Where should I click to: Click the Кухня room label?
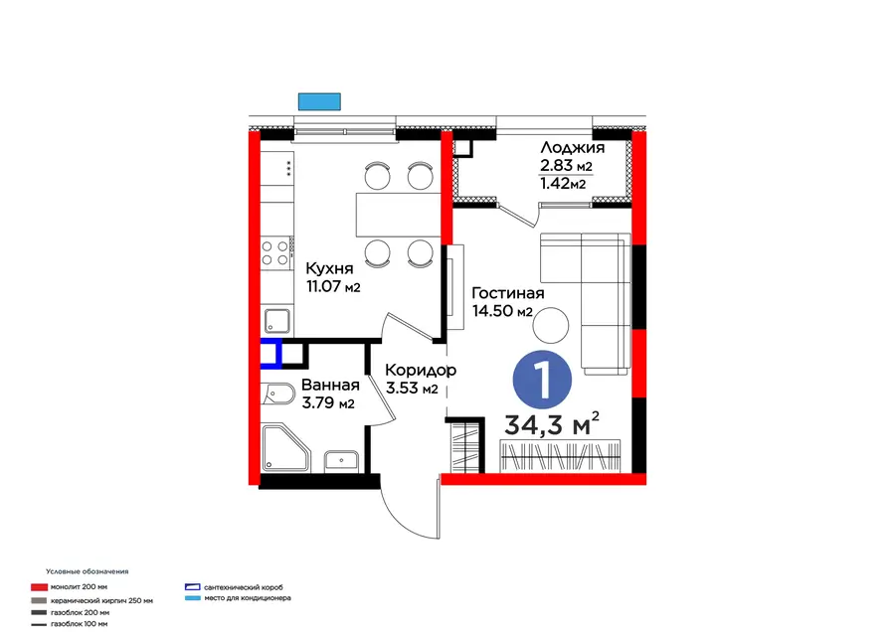[x=329, y=268]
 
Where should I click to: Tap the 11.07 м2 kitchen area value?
[x=333, y=286]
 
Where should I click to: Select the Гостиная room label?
[x=508, y=293]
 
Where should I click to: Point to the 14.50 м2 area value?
[x=502, y=311]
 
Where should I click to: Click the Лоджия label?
[x=573, y=148]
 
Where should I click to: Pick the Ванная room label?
[x=330, y=385]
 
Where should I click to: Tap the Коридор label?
[x=421, y=371]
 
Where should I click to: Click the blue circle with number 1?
[x=542, y=380]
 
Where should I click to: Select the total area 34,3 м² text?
[x=552, y=423]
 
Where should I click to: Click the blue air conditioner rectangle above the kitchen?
[x=319, y=101]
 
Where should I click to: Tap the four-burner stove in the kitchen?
[x=274, y=253]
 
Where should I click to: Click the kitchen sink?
[x=276, y=321]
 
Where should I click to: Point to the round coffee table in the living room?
[x=551, y=325]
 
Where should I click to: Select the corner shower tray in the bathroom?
[x=285, y=448]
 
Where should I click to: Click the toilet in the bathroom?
[x=278, y=393]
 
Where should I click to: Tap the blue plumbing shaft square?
[x=271, y=352]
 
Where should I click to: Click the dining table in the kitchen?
[x=399, y=215]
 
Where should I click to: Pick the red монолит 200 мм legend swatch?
[x=40, y=587]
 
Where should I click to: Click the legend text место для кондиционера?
[x=248, y=598]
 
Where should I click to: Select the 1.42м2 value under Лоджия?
[x=563, y=183]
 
